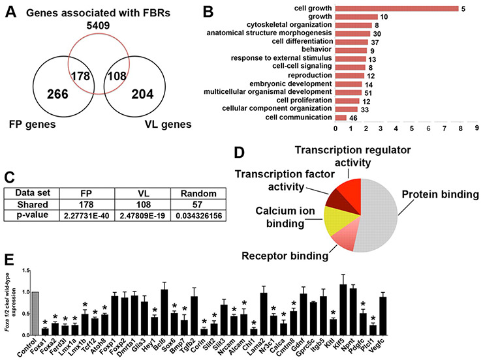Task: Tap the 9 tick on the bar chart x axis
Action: (x=477, y=128)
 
